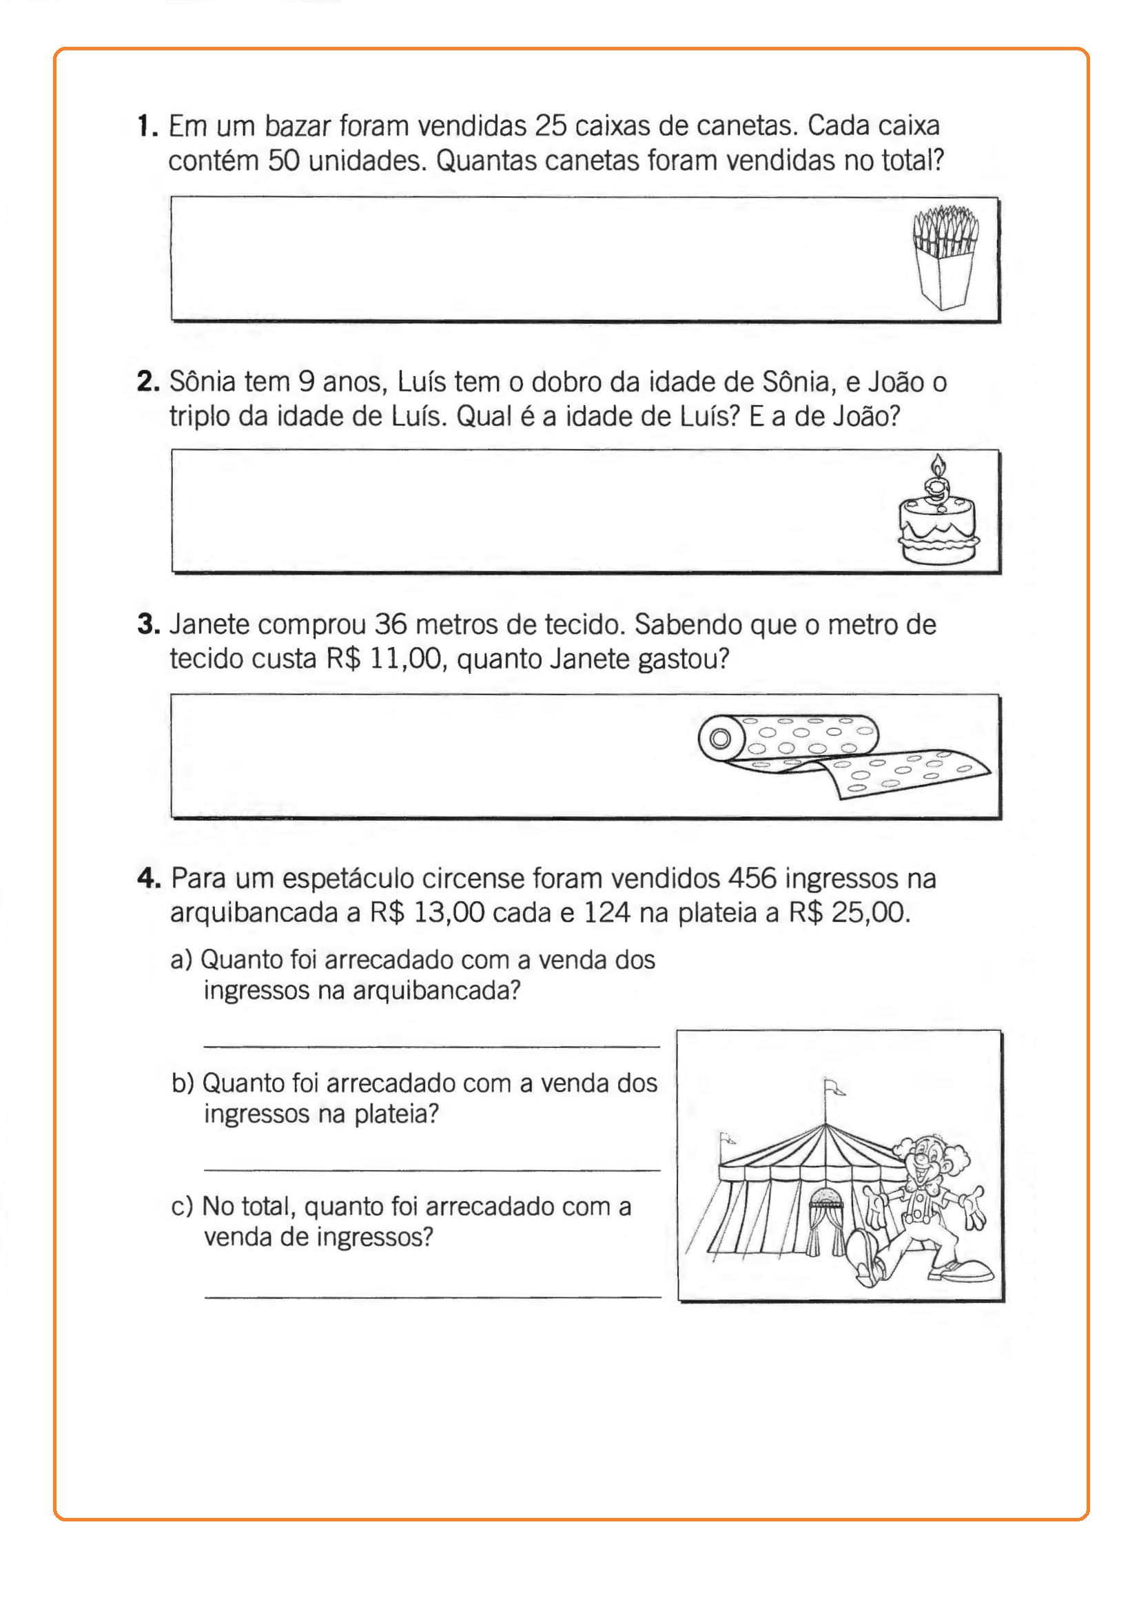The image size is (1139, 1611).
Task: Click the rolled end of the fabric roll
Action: tap(720, 739)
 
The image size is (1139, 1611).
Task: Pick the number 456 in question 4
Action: tap(752, 879)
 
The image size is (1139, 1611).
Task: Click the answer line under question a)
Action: tap(431, 1046)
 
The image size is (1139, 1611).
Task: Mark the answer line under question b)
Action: tap(431, 1169)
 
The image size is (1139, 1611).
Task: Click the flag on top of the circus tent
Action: tap(834, 1087)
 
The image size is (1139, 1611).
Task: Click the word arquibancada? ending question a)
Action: tap(435, 991)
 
